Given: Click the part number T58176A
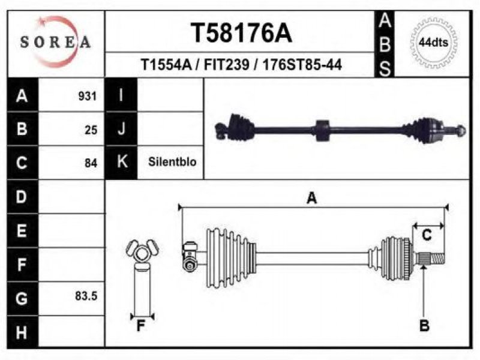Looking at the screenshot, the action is pyautogui.click(x=241, y=33).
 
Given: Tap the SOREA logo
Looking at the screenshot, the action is pyautogui.click(x=55, y=42).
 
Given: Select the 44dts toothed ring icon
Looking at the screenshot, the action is pyautogui.click(x=433, y=43).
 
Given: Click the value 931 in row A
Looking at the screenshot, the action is pyautogui.click(x=87, y=96).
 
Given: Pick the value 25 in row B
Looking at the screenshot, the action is pyautogui.click(x=91, y=130).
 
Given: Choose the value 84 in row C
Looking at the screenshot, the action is pyautogui.click(x=91, y=163).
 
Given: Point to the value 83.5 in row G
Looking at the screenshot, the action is pyautogui.click(x=86, y=296).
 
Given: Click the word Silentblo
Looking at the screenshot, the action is pyautogui.click(x=172, y=161).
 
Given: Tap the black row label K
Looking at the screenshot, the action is pyautogui.click(x=121, y=162).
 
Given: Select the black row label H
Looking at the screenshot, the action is pyautogui.click(x=22, y=332).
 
